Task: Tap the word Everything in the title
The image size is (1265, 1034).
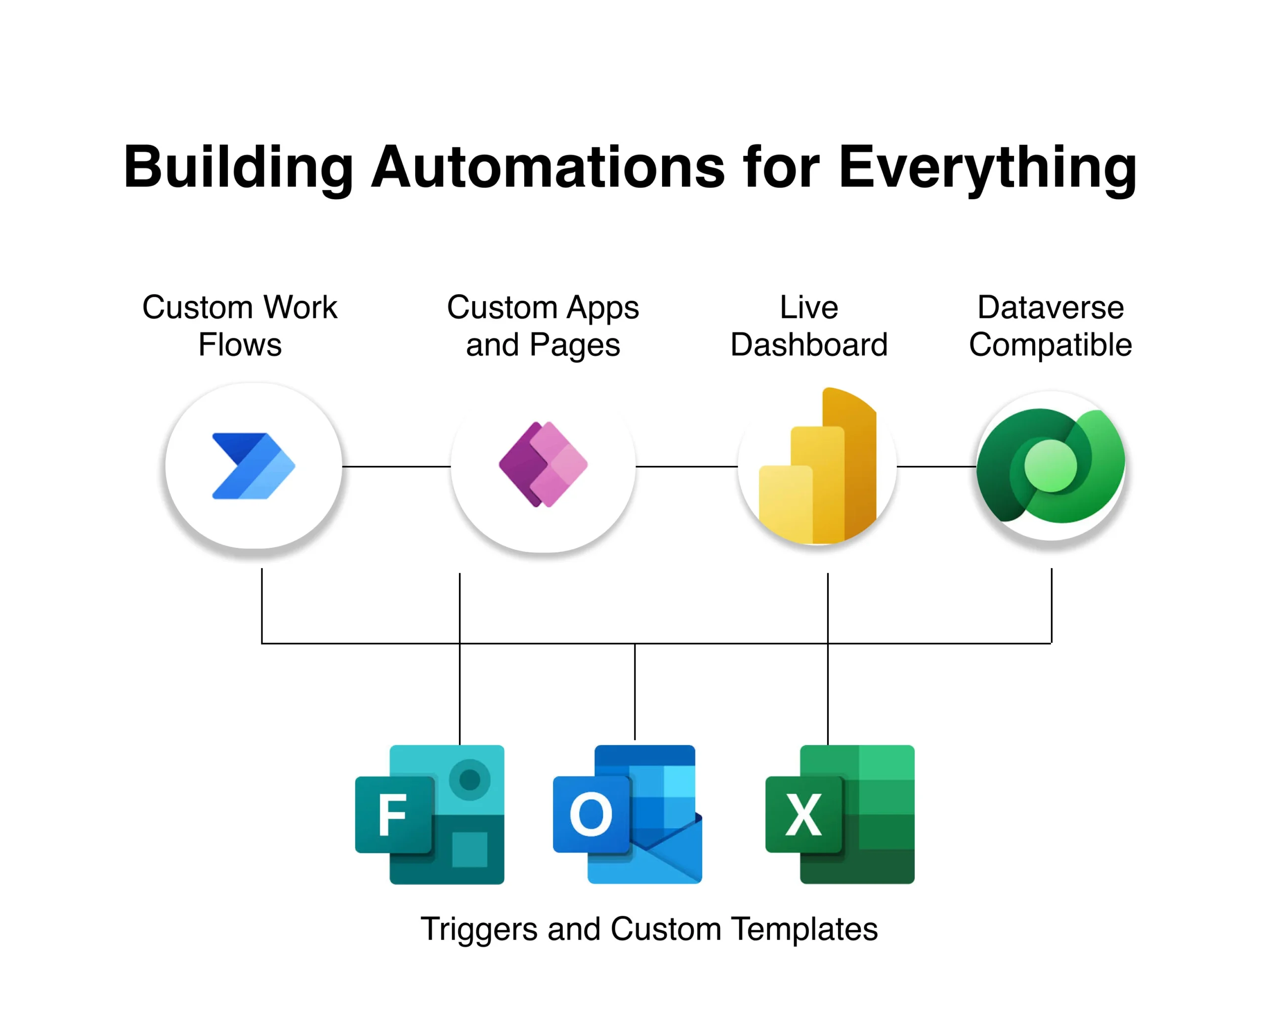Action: point(988,170)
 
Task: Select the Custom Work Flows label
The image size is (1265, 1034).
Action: point(240,326)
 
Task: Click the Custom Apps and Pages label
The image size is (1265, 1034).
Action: point(543,326)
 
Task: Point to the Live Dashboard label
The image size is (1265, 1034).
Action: point(809,326)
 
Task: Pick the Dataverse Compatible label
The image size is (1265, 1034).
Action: point(1051,326)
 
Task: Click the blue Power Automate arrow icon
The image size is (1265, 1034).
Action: point(253,466)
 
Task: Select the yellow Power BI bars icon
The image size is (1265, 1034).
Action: point(817,466)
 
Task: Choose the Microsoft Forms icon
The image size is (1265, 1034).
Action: point(429,814)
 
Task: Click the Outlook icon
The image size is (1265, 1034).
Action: point(628,814)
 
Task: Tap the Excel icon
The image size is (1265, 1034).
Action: point(840,814)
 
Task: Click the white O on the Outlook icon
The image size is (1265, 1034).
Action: point(590,814)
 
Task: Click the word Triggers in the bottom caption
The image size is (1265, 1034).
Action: point(479,929)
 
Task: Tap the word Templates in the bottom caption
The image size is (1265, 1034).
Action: point(804,929)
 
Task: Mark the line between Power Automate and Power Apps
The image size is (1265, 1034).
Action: point(396,466)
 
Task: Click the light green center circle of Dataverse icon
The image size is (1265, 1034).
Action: point(1051,466)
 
